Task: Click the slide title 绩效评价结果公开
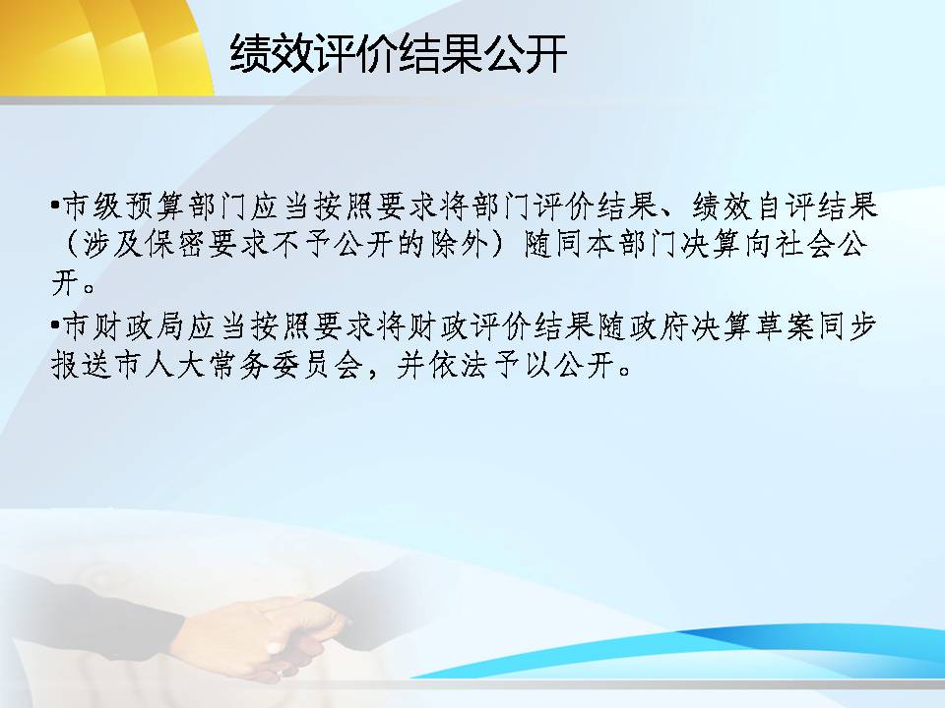pyautogui.click(x=398, y=54)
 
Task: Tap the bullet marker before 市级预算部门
pyautogui.click(x=55, y=206)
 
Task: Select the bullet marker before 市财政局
pyautogui.click(x=55, y=325)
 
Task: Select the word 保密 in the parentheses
pyautogui.click(x=175, y=245)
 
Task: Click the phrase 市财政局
pyautogui.click(x=124, y=326)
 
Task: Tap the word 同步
pyautogui.click(x=847, y=326)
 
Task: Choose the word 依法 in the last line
pyautogui.click(x=458, y=365)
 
